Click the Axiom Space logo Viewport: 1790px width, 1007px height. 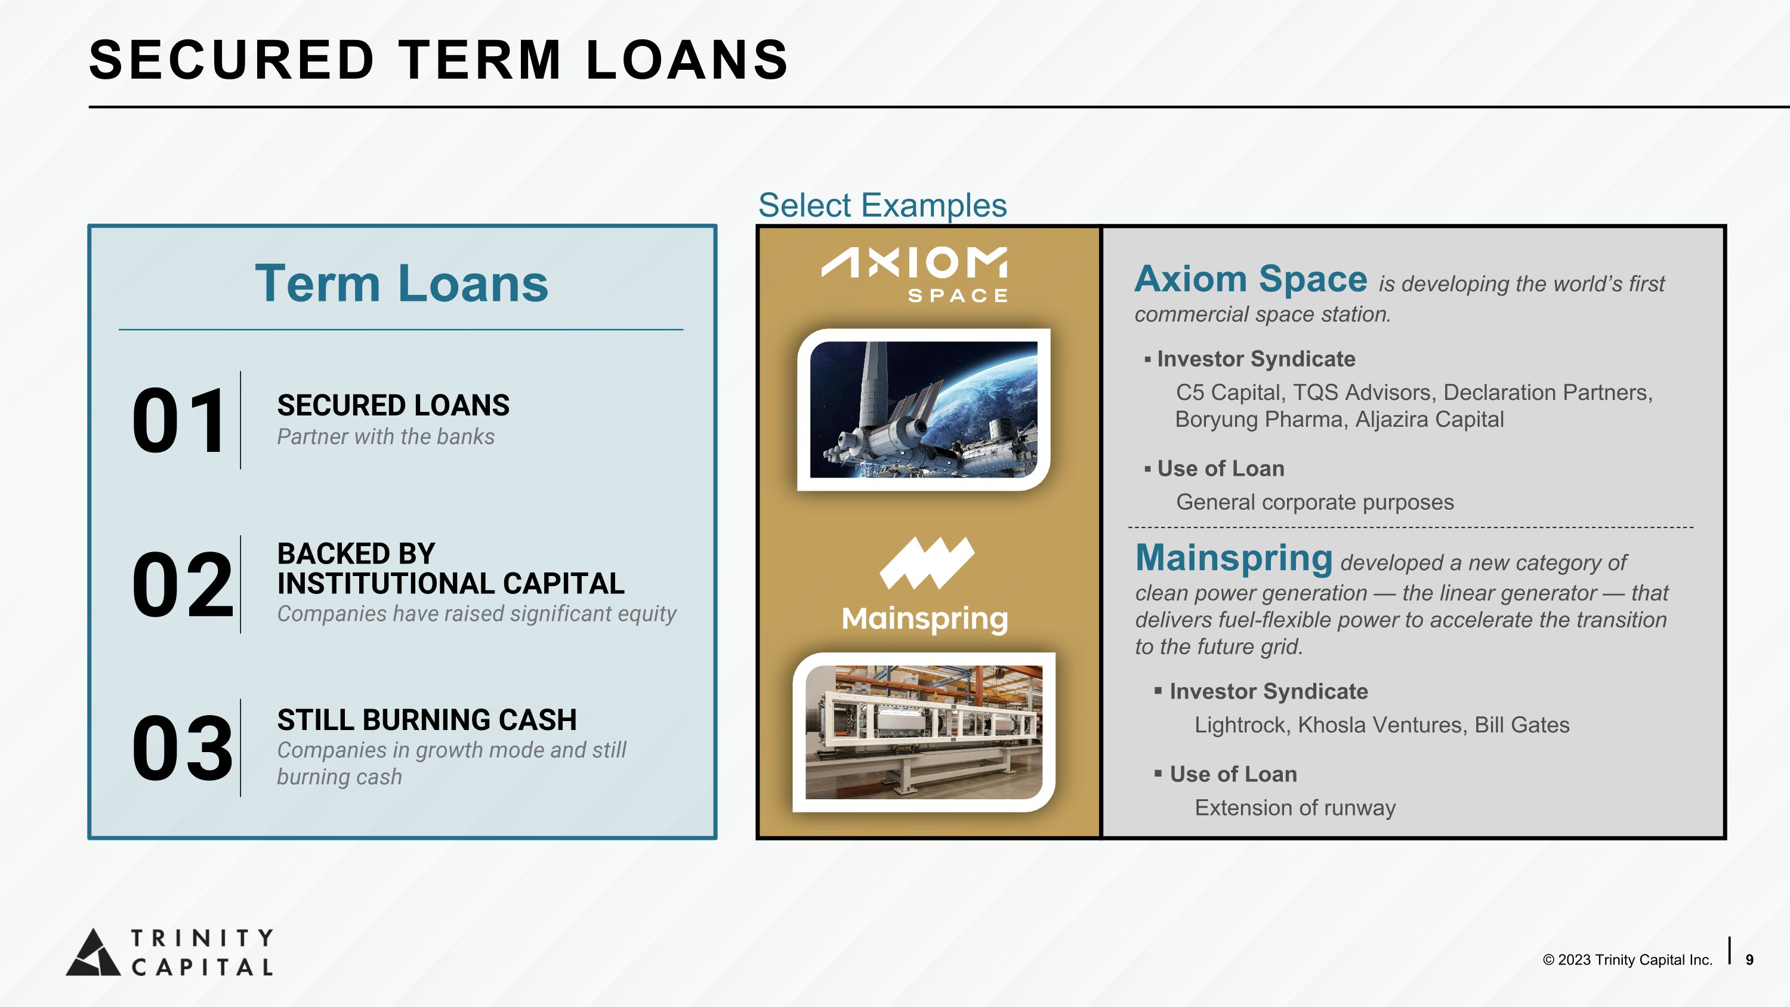point(915,275)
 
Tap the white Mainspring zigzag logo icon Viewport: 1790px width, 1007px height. point(927,563)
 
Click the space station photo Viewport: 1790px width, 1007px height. point(924,409)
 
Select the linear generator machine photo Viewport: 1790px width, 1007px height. point(924,732)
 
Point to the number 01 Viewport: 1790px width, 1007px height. point(178,420)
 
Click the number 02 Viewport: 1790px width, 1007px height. point(182,584)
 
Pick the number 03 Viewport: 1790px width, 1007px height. point(182,748)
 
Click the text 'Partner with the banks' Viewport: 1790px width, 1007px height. point(385,436)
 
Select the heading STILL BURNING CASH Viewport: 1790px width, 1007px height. point(427,719)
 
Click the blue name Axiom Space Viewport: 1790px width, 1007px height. point(1251,279)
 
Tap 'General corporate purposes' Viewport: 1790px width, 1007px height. point(1314,502)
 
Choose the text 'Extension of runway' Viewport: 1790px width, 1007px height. point(1295,808)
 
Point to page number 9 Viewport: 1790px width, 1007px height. point(1749,960)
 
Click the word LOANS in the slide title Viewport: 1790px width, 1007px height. point(687,59)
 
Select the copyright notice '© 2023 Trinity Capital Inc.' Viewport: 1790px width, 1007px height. point(1627,960)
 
